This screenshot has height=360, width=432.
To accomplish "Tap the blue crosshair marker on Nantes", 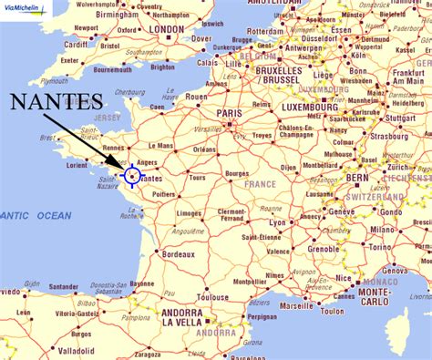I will [133, 174].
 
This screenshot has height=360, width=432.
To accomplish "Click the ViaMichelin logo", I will [26, 6].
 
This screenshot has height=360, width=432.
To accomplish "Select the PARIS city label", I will [229, 114].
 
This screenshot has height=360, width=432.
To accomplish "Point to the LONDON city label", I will [166, 29].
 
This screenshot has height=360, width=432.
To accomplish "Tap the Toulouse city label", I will [212, 296].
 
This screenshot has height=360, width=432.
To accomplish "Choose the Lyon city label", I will [277, 222].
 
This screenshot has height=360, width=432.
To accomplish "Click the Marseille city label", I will [297, 305].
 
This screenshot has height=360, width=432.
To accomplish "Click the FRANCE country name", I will [259, 184].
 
